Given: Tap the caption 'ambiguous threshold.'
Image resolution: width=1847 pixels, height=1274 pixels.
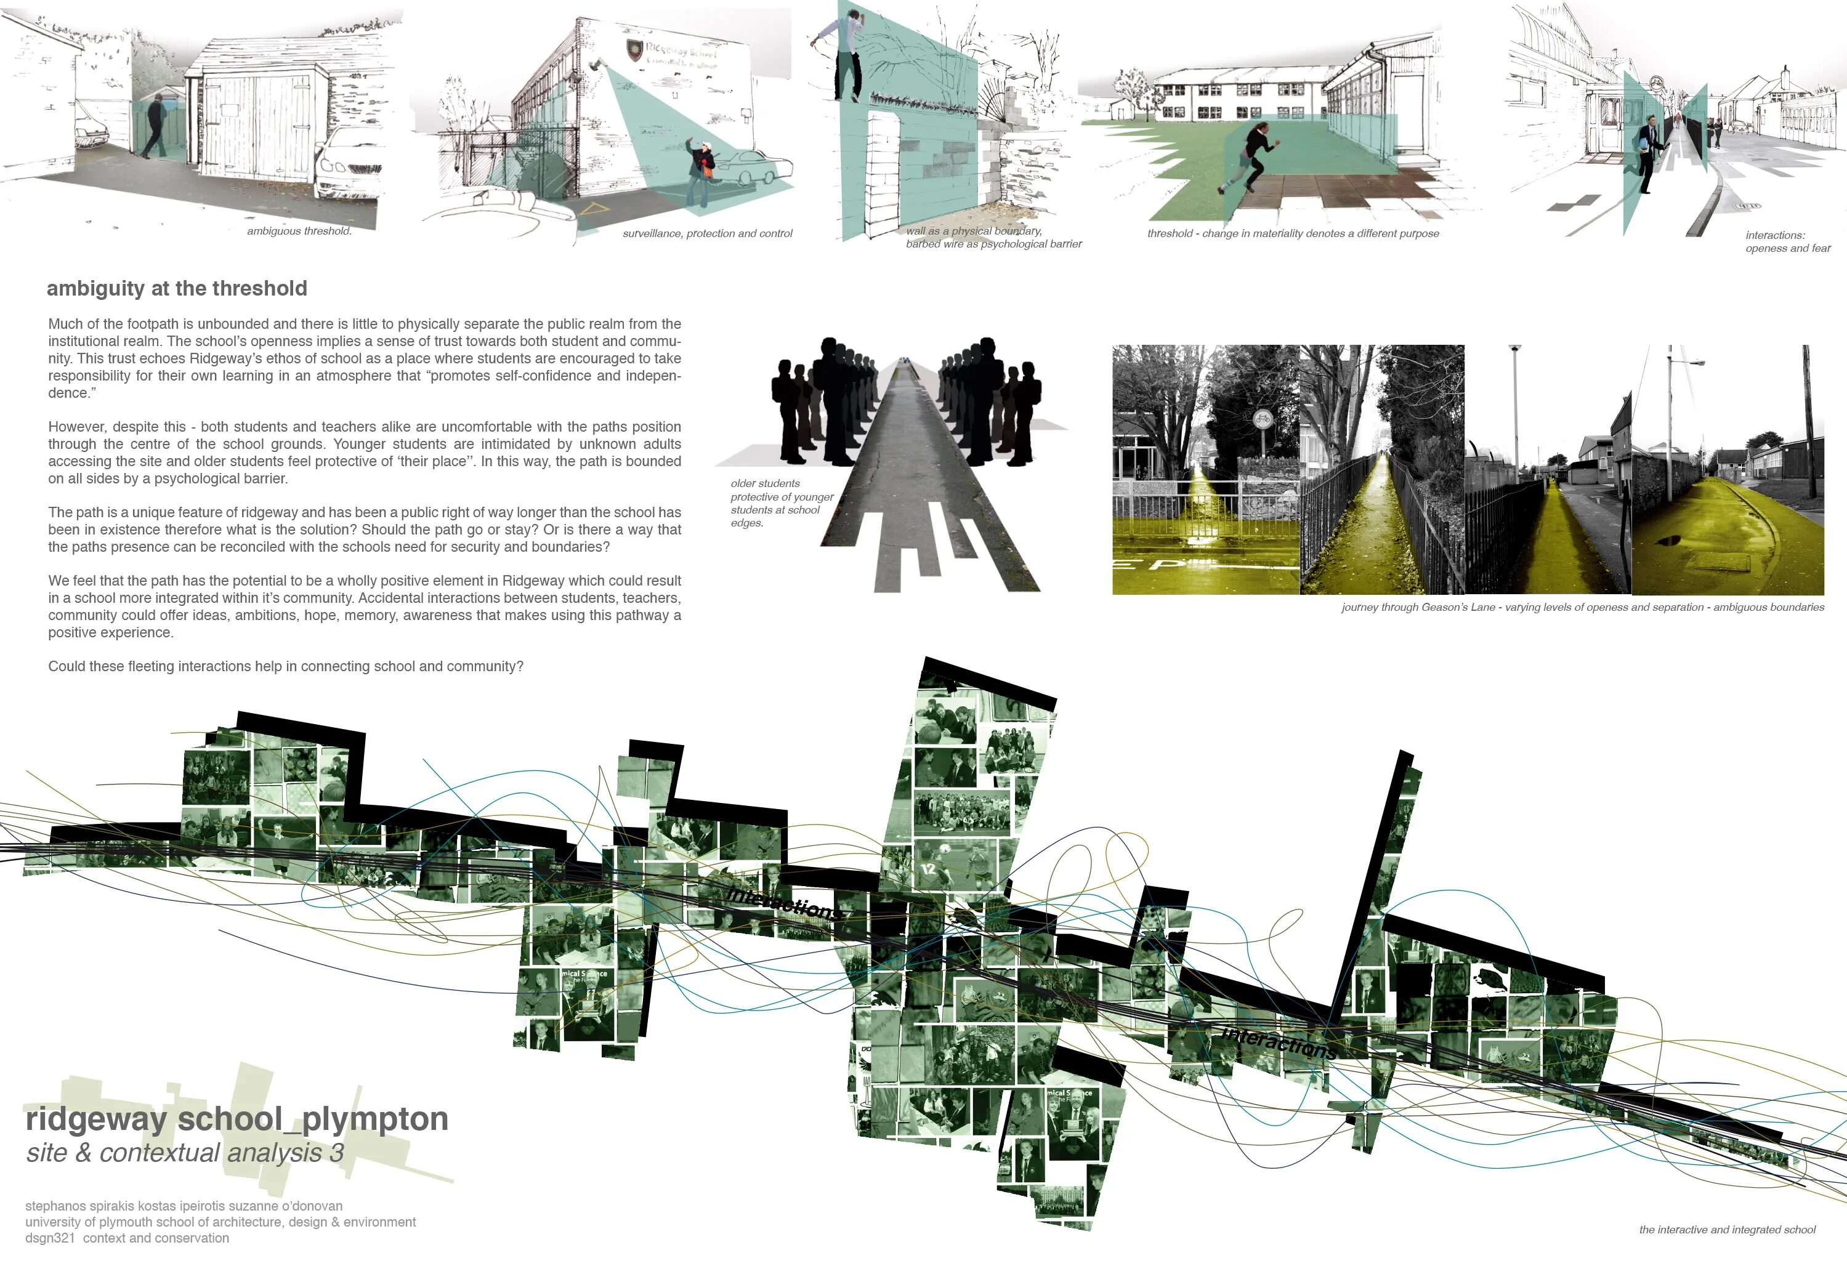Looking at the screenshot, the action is click(299, 232).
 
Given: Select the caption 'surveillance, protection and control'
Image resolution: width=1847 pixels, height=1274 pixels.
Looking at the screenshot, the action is click(707, 234).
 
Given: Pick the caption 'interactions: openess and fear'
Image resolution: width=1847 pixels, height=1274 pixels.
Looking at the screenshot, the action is click(1787, 242).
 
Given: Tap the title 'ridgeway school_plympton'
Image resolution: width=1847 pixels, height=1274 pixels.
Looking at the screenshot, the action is click(236, 1119).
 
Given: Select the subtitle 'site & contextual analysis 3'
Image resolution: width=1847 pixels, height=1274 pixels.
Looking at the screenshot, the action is click(185, 1153).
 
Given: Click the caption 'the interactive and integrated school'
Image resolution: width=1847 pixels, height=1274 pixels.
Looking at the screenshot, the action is click(1726, 1230).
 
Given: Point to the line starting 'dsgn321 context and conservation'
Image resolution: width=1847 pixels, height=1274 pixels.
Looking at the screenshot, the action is click(127, 1238).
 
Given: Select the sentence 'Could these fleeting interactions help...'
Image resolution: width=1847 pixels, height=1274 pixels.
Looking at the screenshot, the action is click(285, 666).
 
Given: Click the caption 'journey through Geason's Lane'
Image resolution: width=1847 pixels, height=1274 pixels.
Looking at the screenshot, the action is click(1582, 608).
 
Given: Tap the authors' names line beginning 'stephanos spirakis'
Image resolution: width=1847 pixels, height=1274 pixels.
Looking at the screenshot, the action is click(184, 1206).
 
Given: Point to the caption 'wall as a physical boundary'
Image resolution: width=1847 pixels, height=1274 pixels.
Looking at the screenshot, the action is click(974, 231).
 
